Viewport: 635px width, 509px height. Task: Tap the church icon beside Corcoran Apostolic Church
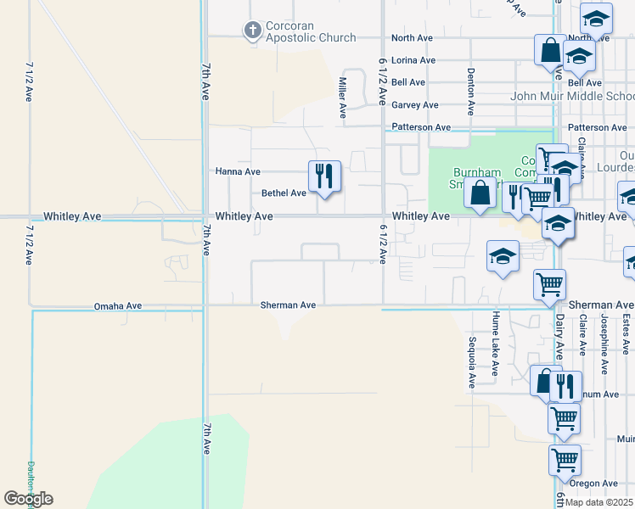252,31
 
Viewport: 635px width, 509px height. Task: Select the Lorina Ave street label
413,60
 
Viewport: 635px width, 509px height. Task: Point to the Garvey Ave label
414,105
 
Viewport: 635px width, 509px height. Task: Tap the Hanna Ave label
238,171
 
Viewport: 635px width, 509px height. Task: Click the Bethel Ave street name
284,193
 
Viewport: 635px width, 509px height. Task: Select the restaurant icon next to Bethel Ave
324,176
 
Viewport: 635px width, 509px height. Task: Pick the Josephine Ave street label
604,344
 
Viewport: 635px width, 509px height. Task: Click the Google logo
28,499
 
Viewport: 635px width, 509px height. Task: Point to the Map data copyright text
598,502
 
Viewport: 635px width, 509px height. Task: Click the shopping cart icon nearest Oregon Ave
565,461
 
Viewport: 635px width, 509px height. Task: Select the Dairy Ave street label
559,339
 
